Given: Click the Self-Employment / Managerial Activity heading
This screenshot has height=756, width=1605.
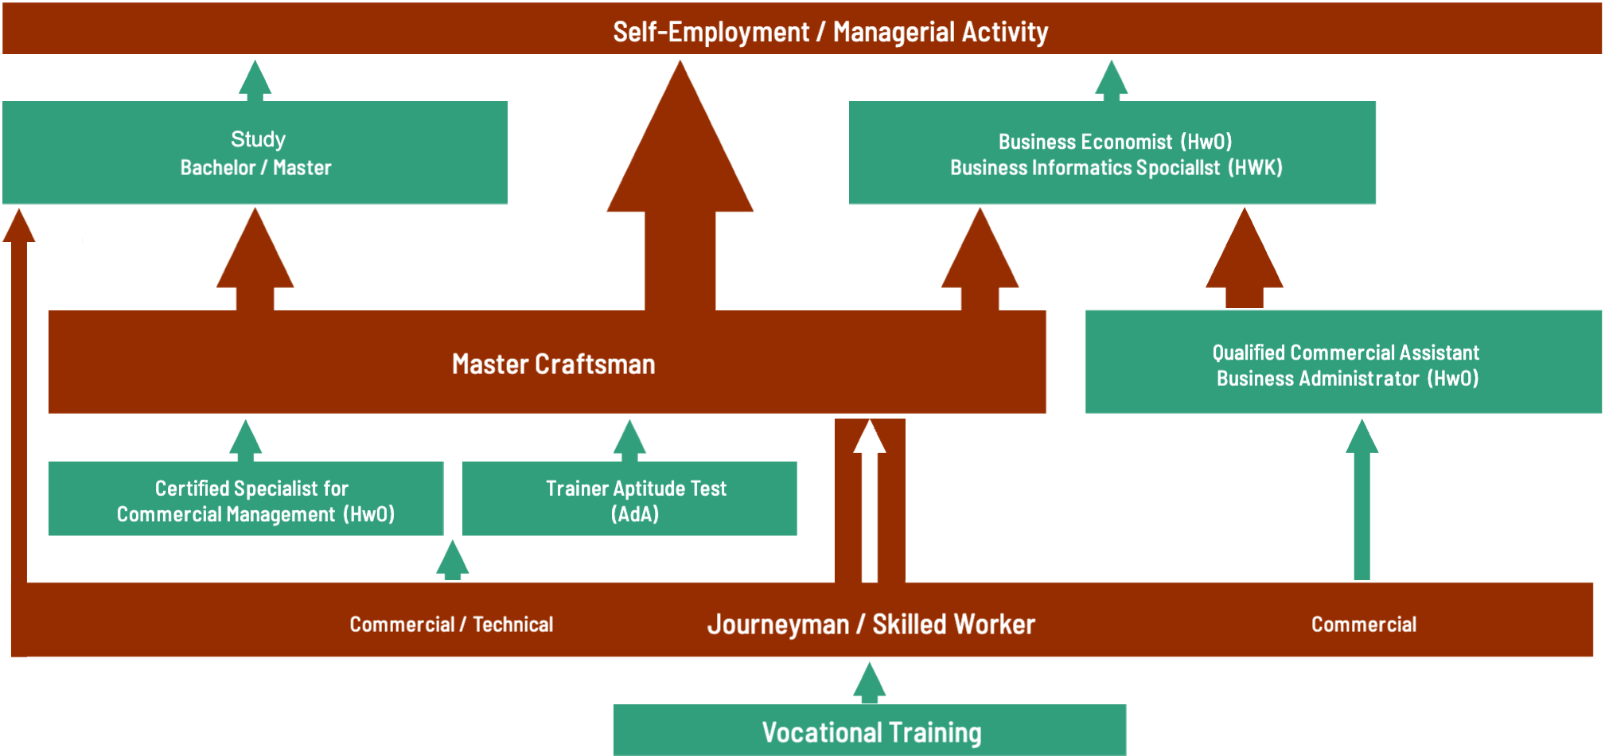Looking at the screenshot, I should click(x=830, y=32).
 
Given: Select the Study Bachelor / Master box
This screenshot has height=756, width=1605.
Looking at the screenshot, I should click(x=255, y=153).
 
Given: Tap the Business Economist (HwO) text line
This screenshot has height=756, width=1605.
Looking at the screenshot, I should click(x=1115, y=142).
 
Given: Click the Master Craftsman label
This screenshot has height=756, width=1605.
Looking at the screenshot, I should click(x=553, y=364).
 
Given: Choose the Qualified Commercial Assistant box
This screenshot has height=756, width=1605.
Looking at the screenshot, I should click(x=1344, y=363).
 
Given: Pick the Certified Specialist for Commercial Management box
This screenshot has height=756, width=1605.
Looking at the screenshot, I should click(x=247, y=499).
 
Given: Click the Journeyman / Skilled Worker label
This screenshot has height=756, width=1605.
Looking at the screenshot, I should click(x=871, y=624).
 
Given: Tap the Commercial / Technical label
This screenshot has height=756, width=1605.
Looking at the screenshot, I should click(x=451, y=625).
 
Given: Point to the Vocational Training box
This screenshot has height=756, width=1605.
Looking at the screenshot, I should click(x=870, y=731).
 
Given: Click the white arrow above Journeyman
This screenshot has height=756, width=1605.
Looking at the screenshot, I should click(x=870, y=501).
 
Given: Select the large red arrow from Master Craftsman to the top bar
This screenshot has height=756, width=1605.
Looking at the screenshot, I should click(x=680, y=191).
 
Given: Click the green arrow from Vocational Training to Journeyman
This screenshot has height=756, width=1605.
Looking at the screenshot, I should click(x=870, y=683).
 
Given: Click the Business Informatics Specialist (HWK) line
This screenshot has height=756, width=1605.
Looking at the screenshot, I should click(x=1116, y=168).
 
